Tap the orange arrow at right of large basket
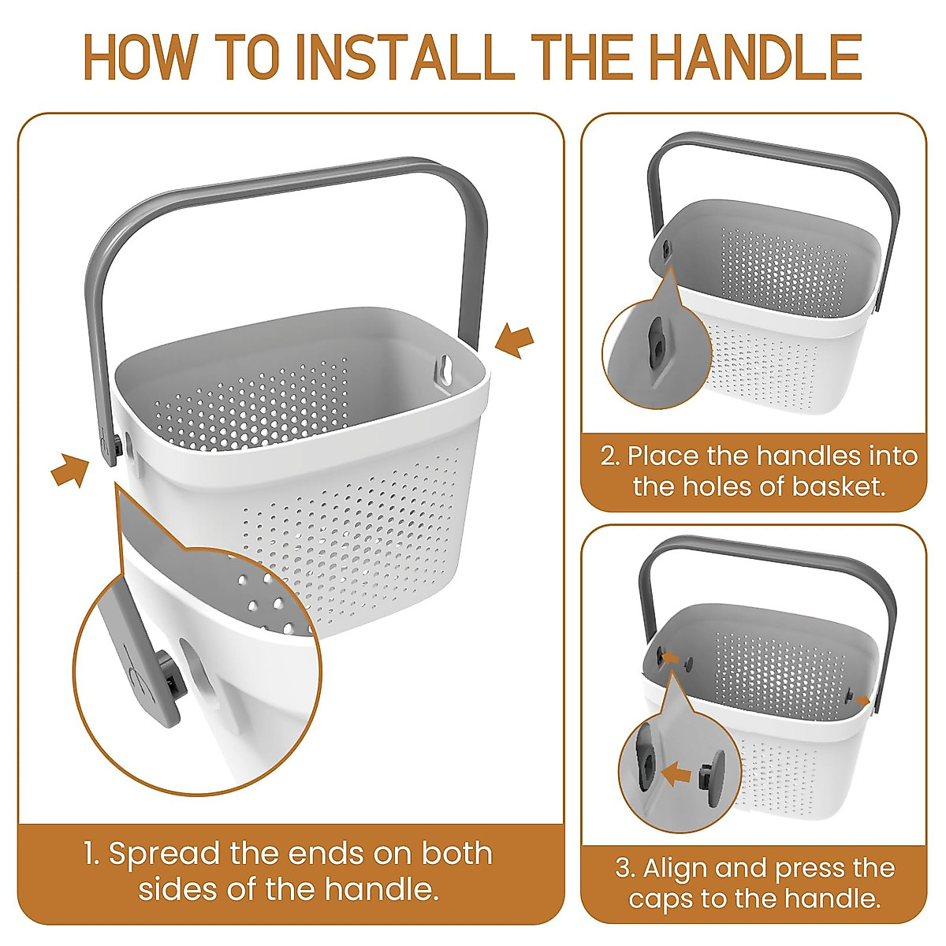coord(516,341)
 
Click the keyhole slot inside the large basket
coord(447,370)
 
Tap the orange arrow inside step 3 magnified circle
coord(676,774)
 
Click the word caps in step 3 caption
coord(657,899)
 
